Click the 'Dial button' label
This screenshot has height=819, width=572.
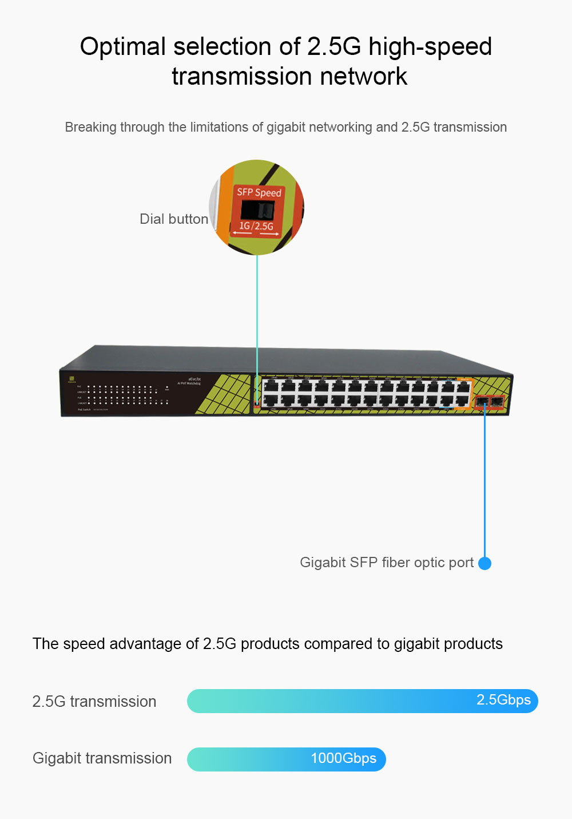click(174, 219)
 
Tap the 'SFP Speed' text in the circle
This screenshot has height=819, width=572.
click(259, 192)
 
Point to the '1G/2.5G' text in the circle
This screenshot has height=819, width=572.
click(256, 226)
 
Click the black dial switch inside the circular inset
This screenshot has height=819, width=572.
click(258, 210)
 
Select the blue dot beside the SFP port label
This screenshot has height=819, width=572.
click(484, 563)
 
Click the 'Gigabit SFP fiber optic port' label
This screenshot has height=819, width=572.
click(387, 563)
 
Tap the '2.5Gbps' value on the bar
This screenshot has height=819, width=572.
click(503, 700)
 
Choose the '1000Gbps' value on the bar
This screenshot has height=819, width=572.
click(343, 758)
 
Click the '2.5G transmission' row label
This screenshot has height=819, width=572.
click(94, 702)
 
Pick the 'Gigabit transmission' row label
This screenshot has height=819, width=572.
click(102, 758)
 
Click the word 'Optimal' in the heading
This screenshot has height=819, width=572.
click(122, 47)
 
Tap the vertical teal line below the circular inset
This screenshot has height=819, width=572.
click(257, 315)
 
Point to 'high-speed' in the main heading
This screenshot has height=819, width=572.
click(430, 47)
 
